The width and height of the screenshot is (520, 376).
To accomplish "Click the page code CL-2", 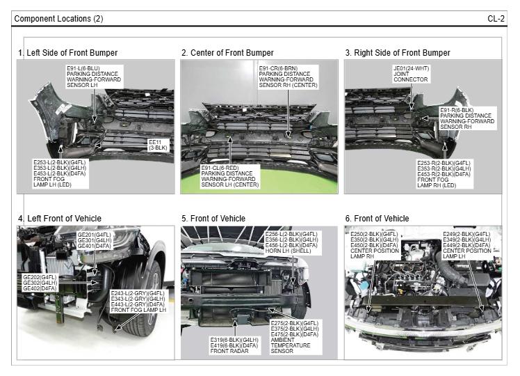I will tap(496, 18).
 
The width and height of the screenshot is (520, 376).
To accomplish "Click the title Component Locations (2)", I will tap(58, 18).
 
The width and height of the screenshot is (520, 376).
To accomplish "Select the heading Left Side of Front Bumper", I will tap(68, 53).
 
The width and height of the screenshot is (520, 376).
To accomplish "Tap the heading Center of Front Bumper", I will tap(227, 53).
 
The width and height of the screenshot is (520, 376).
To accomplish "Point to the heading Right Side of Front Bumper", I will tap(398, 53).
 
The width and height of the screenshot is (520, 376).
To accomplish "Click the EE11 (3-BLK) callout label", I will tap(158, 145).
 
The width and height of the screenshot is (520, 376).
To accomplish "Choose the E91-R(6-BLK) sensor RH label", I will tap(466, 119).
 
